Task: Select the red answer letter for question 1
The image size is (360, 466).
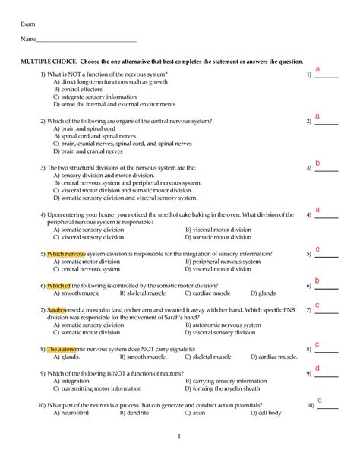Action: coord(317,70)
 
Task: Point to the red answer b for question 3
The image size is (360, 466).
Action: coord(317,163)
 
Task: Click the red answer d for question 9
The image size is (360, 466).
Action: coord(317,369)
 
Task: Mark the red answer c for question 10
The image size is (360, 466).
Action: coord(320,401)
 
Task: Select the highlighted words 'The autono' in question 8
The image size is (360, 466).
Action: coord(63,349)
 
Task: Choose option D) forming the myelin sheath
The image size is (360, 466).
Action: coord(223,388)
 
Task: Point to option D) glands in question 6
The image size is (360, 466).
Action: coord(263,293)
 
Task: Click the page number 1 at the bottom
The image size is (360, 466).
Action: coord(179,436)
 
